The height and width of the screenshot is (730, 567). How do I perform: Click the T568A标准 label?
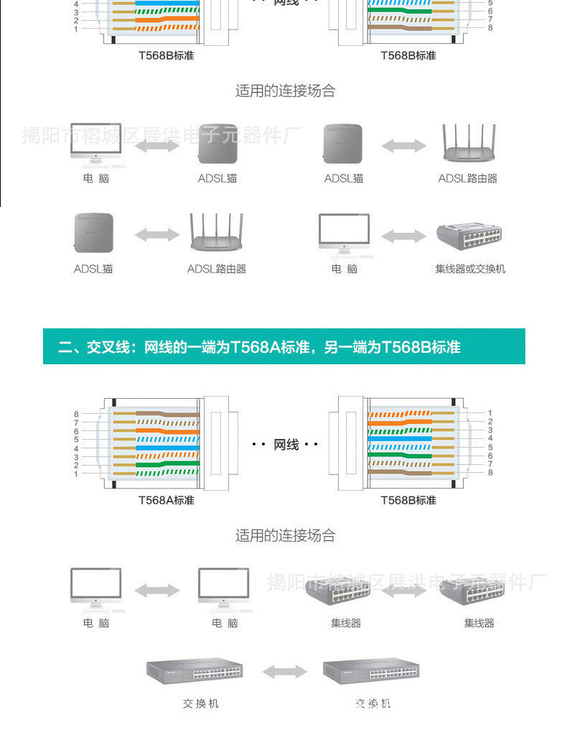point(166,500)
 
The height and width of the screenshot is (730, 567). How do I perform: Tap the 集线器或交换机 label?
point(470,269)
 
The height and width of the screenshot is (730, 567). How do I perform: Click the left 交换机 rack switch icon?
point(195,671)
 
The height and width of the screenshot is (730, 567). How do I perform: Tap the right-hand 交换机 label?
point(372,703)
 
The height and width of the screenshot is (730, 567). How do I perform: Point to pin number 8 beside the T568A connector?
point(76,415)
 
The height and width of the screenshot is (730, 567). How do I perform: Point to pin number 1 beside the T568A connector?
point(76,473)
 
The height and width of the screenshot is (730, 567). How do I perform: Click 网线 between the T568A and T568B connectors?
point(286,445)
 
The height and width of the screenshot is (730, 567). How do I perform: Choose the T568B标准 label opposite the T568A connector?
point(408,500)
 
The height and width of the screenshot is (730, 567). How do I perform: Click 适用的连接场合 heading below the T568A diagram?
point(285,535)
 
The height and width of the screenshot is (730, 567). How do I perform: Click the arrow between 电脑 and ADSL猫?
point(156,146)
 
